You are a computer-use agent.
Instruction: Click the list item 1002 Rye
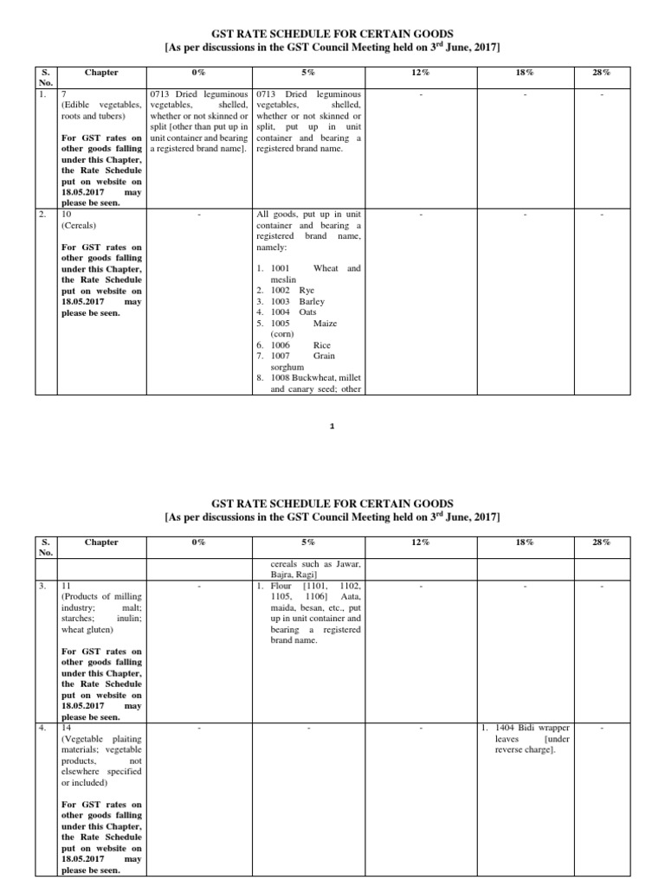pos(294,290)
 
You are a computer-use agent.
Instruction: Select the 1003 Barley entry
pos(298,301)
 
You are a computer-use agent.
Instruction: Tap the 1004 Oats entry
pos(295,311)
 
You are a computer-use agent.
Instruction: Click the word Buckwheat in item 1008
pos(318,377)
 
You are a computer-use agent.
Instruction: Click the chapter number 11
pos(66,586)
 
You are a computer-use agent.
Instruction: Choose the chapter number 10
pos(66,213)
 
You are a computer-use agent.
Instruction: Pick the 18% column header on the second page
pos(524,542)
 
